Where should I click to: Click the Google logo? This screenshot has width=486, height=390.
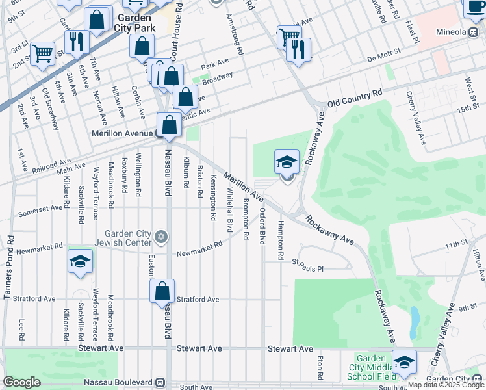[21, 382]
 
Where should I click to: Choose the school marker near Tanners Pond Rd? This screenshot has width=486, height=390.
[80, 261]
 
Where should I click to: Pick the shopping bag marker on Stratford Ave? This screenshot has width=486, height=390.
[162, 291]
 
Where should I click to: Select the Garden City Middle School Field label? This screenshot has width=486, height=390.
[372, 367]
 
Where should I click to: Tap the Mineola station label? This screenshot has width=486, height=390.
[451, 32]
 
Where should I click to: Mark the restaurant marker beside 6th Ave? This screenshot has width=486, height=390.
[77, 42]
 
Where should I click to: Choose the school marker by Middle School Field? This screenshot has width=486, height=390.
[404, 363]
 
